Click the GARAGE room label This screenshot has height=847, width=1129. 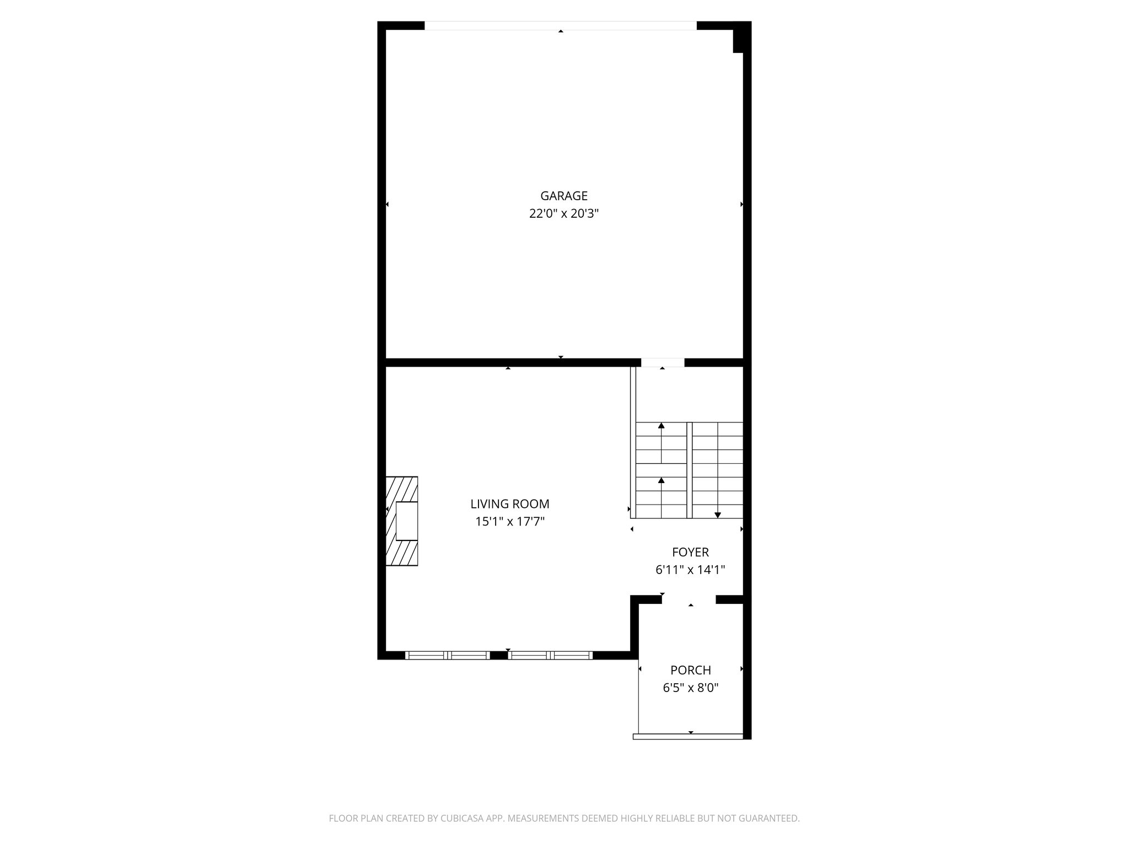[x=563, y=196]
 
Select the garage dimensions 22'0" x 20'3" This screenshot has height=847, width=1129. [x=563, y=213]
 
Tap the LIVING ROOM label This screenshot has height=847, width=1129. [x=509, y=503]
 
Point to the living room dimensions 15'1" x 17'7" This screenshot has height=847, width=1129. [x=509, y=521]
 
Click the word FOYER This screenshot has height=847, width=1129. [x=690, y=552]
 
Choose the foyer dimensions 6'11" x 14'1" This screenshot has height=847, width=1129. [x=690, y=570]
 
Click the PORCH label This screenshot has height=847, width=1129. [x=690, y=670]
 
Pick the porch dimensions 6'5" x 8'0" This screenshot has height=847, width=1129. [x=690, y=688]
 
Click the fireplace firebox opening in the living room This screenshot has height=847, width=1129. [x=407, y=521]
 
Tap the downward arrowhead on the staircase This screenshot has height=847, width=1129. [x=717, y=515]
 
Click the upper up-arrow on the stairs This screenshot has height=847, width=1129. [x=661, y=426]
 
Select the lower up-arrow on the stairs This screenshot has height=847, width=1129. [x=661, y=480]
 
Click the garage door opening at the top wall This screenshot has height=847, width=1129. [x=560, y=25]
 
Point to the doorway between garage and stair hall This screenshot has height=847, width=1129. [x=662, y=363]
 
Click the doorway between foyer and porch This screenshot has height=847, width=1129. [x=689, y=599]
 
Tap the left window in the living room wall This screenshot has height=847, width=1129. [x=447, y=655]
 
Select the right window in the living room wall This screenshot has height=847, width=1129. [x=550, y=655]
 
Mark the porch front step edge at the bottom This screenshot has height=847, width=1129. [x=688, y=736]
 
